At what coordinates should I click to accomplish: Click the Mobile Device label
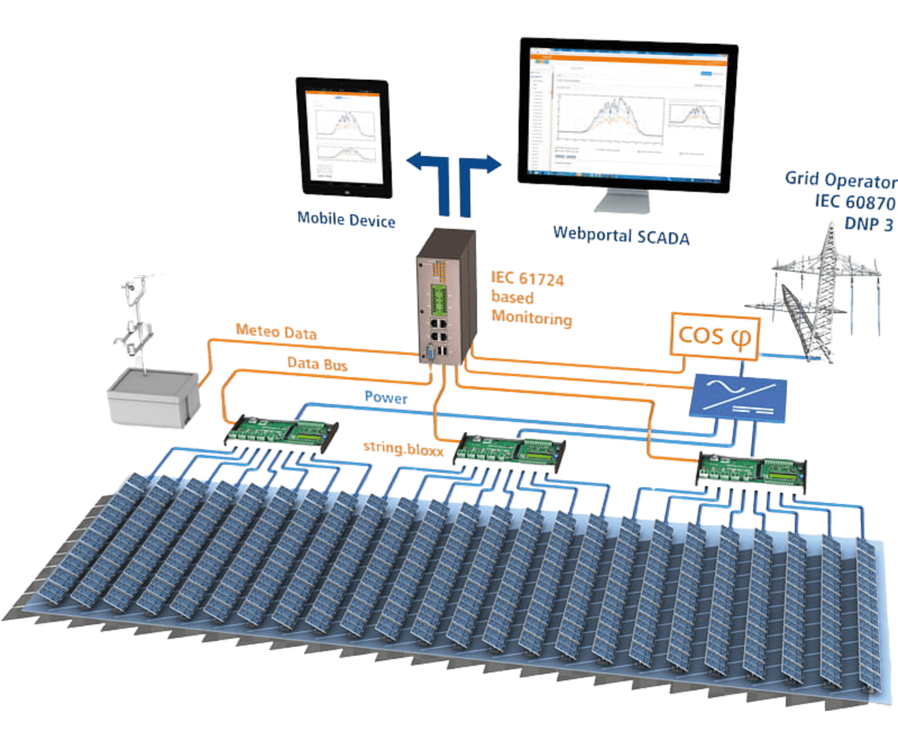point(346,220)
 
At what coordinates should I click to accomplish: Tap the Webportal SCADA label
point(621,235)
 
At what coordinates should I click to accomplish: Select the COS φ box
point(714,336)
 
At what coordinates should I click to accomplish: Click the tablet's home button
point(348,191)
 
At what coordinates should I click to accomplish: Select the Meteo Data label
point(276,332)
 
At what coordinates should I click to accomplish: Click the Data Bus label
point(317,364)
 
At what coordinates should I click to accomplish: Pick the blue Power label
point(386,398)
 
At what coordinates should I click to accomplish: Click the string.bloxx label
point(402,448)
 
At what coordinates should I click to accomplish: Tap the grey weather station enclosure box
point(153,397)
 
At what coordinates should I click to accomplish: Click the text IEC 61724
point(527,278)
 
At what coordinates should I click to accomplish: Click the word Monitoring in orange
point(532,317)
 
